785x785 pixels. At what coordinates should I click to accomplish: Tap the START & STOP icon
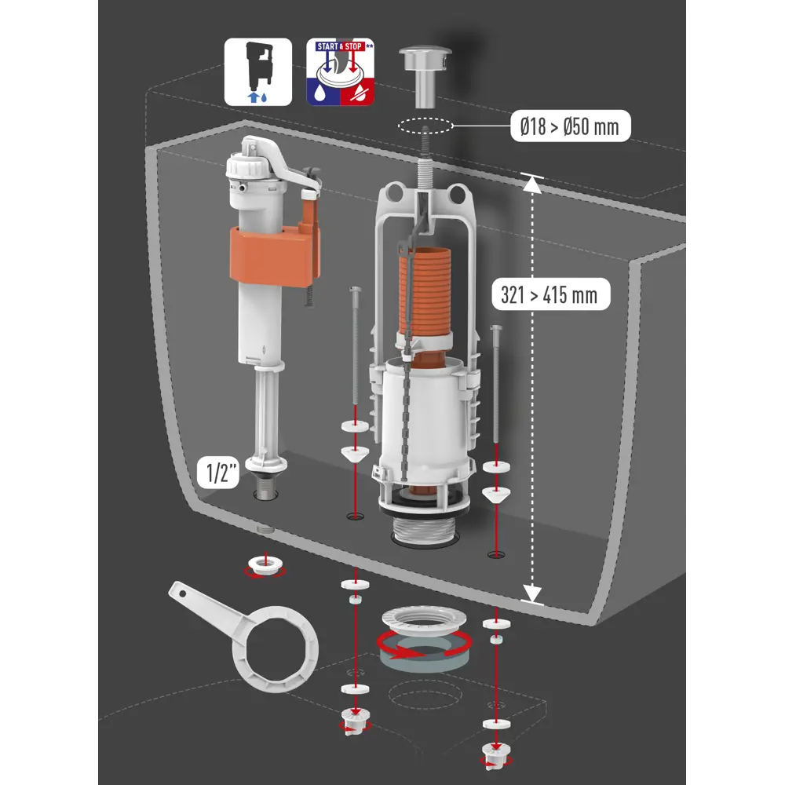point(341,71)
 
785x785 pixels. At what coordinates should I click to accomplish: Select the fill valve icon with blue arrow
point(257,71)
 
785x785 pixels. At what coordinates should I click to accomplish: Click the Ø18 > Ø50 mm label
point(570,126)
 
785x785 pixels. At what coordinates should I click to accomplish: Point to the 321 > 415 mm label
point(551,294)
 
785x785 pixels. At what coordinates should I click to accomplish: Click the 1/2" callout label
point(218,472)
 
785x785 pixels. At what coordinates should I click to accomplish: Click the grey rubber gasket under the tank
point(425,655)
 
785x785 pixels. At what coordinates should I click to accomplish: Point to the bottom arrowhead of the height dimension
point(531,593)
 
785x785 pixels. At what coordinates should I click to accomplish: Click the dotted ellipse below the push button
point(425,126)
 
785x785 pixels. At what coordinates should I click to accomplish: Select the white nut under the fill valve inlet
point(265,566)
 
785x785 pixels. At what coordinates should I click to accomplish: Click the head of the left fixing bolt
point(355,290)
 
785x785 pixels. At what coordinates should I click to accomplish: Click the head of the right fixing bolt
point(495,328)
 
